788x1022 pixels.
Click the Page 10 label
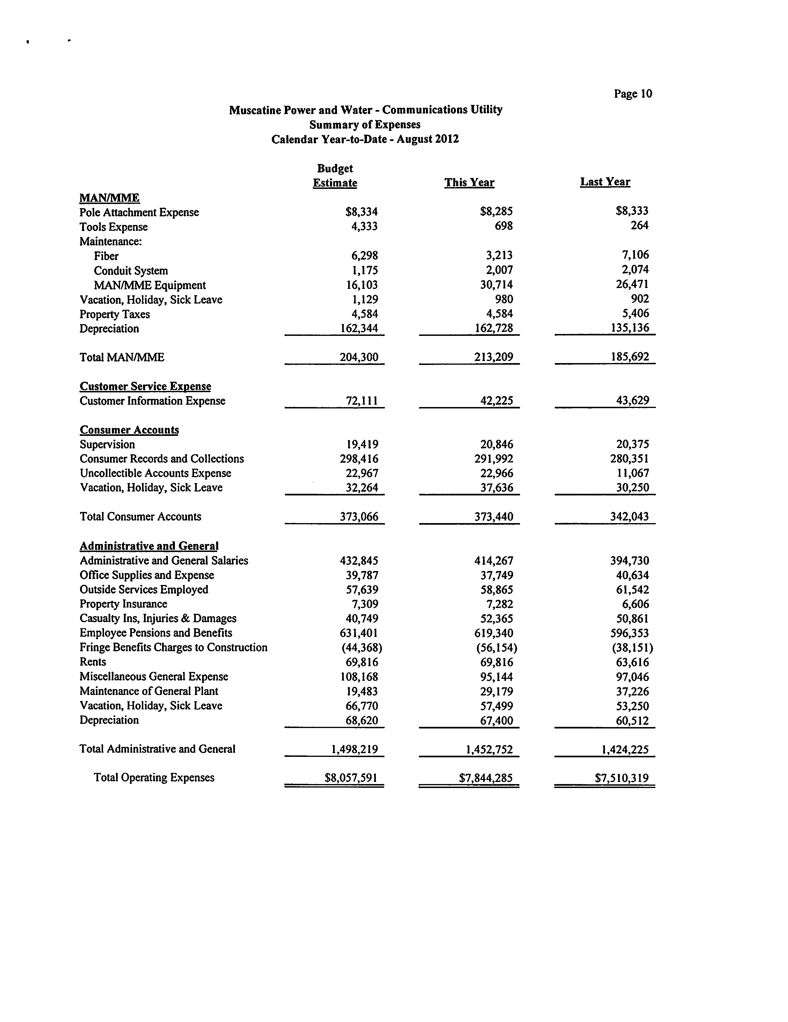coord(633,94)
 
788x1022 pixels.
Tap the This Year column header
coord(469,183)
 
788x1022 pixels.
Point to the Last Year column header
coord(605,182)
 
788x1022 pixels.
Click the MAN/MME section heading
coord(110,198)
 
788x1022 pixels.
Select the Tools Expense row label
coord(114,227)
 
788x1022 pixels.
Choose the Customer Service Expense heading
coord(145,387)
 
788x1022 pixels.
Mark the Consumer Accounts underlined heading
coord(129,430)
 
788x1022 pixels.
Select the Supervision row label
coord(107,444)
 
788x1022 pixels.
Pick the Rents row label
coord(93,662)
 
